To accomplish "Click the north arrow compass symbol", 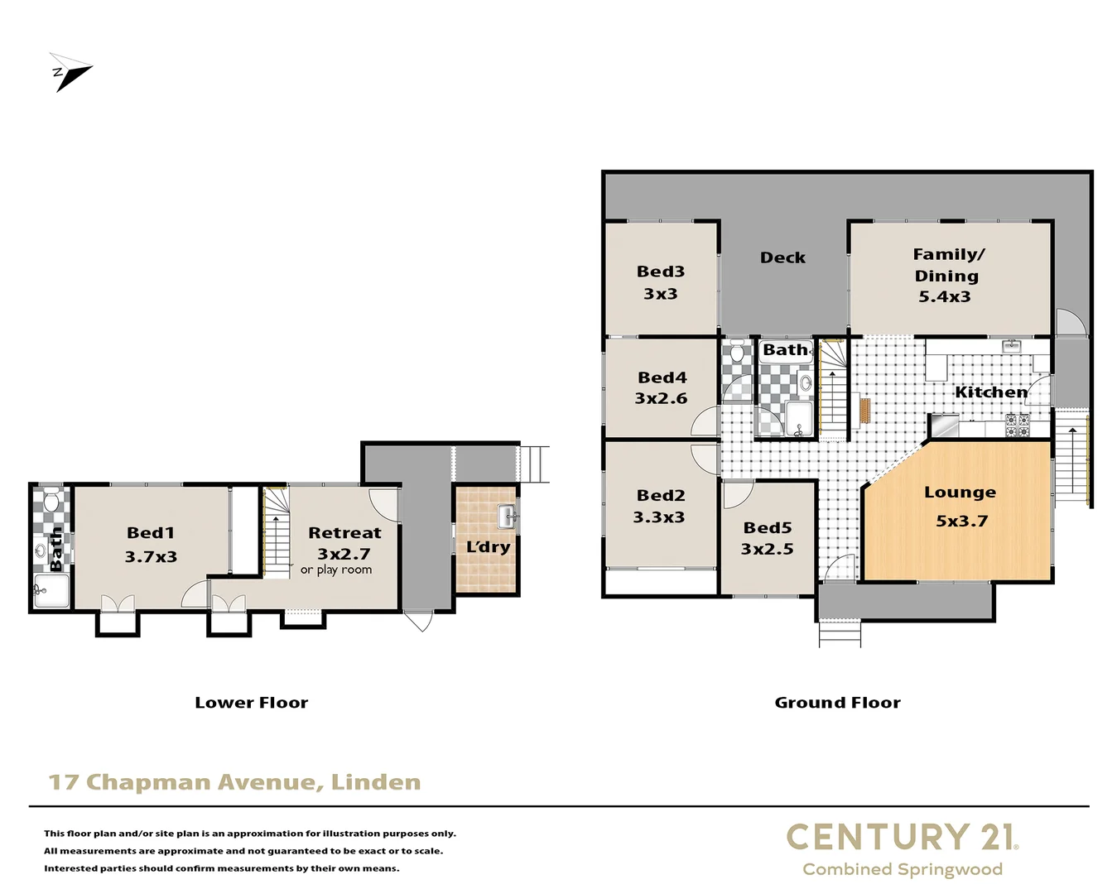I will click(70, 72).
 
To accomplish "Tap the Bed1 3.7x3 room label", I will click(151, 545).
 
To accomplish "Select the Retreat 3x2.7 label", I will click(344, 544).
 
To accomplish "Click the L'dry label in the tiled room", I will click(488, 546).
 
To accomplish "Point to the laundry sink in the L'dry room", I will click(507, 517).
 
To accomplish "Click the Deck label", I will click(782, 257).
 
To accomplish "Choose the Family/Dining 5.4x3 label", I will click(946, 275).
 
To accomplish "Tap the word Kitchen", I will click(990, 392).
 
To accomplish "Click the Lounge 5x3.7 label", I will click(961, 506).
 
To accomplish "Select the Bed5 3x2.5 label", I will click(767, 538).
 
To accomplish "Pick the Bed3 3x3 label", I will click(660, 282).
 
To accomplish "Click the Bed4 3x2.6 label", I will click(661, 387).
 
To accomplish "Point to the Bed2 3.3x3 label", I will click(660, 506).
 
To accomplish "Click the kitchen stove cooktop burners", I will click(1018, 425).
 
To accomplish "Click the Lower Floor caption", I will click(251, 703).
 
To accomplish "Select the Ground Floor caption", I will click(837, 703).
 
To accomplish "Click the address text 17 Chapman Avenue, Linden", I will click(234, 782).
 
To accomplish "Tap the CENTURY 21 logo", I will click(902, 837).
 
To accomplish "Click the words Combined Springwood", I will click(902, 869).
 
